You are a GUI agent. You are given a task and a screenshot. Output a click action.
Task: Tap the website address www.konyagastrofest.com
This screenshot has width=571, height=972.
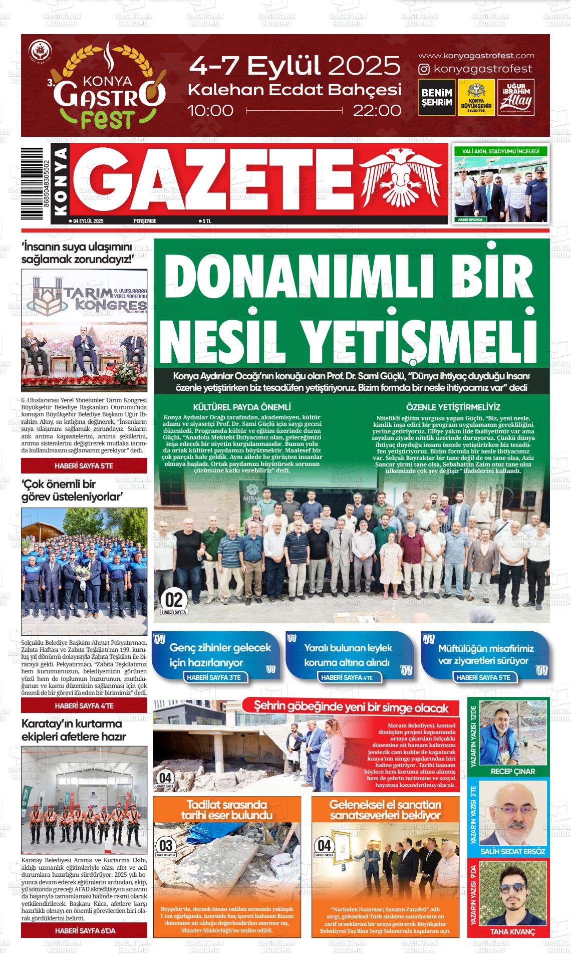(476, 56)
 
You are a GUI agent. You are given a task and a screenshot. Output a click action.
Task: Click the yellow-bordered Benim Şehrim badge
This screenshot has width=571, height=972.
(437, 98)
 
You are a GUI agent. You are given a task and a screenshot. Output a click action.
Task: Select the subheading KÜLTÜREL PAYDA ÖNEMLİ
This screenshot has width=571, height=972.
(242, 408)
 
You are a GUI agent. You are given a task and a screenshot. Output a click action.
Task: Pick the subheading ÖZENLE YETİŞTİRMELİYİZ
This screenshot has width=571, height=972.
(453, 408)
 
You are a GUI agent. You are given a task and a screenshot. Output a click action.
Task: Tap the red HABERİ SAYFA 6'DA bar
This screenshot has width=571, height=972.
(84, 930)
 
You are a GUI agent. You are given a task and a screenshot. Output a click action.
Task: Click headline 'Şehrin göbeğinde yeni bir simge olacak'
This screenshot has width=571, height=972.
(351, 707)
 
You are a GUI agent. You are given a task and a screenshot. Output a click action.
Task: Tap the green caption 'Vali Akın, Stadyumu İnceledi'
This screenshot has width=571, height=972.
(501, 151)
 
